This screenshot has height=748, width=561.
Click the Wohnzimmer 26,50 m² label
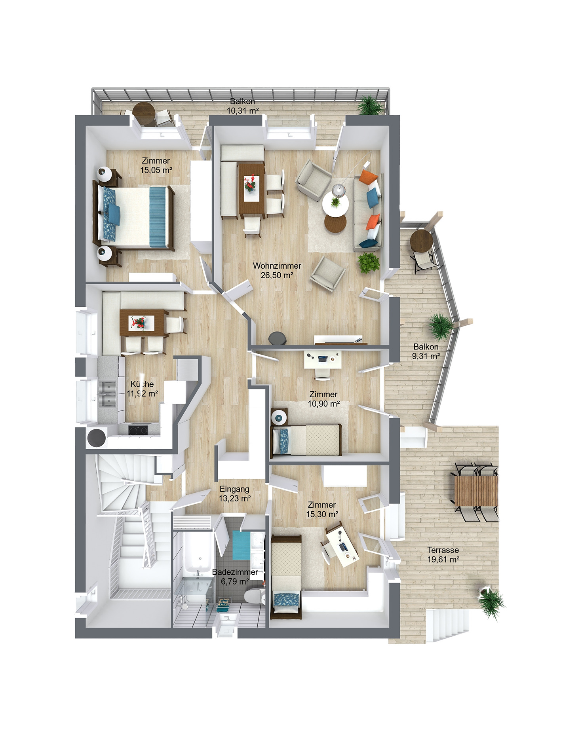point(277,270)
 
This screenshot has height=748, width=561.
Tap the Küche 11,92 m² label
point(142,389)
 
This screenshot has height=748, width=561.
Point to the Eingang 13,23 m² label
point(234,494)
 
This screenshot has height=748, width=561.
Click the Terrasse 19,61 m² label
point(443,554)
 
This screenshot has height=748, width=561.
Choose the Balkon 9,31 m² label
point(426,351)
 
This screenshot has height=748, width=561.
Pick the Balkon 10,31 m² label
point(243,106)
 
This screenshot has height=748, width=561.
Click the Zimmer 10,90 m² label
point(323,399)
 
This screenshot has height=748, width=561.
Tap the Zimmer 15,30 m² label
point(322,509)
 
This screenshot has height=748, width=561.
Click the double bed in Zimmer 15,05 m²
point(135,217)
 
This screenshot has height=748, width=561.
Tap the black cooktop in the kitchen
point(138,429)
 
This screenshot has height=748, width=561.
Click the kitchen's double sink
point(107,394)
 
